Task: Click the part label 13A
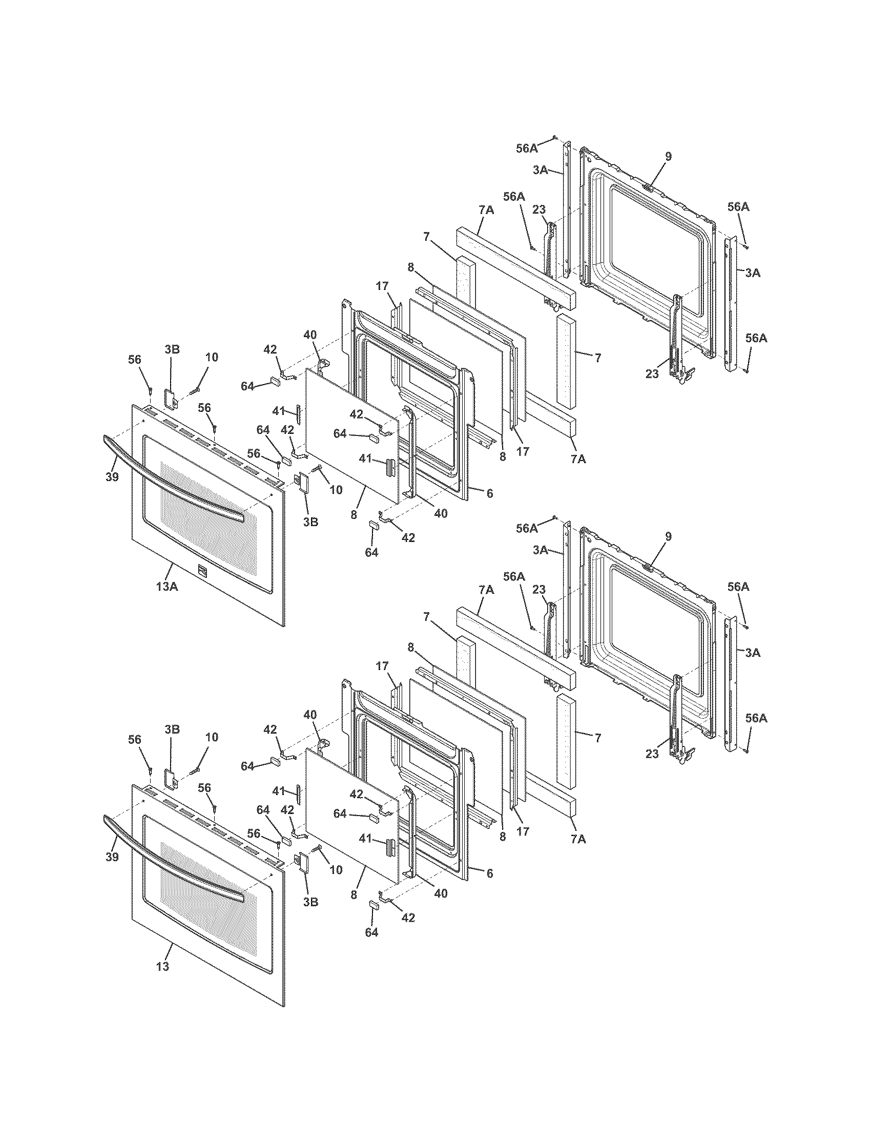pyautogui.click(x=167, y=586)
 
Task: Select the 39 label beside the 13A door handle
pyautogui.click(x=112, y=477)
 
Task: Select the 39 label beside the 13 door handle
pyautogui.click(x=112, y=857)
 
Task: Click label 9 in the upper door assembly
pyautogui.click(x=668, y=156)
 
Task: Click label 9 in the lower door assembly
pyautogui.click(x=668, y=537)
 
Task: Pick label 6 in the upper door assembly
pyautogui.click(x=489, y=493)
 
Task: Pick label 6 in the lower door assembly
pyautogui.click(x=489, y=873)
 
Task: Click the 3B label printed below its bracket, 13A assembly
pyautogui.click(x=310, y=521)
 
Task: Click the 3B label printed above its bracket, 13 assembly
pyautogui.click(x=172, y=729)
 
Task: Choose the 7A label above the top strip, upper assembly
pyautogui.click(x=486, y=210)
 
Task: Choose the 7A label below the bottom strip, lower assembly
pyautogui.click(x=578, y=839)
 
